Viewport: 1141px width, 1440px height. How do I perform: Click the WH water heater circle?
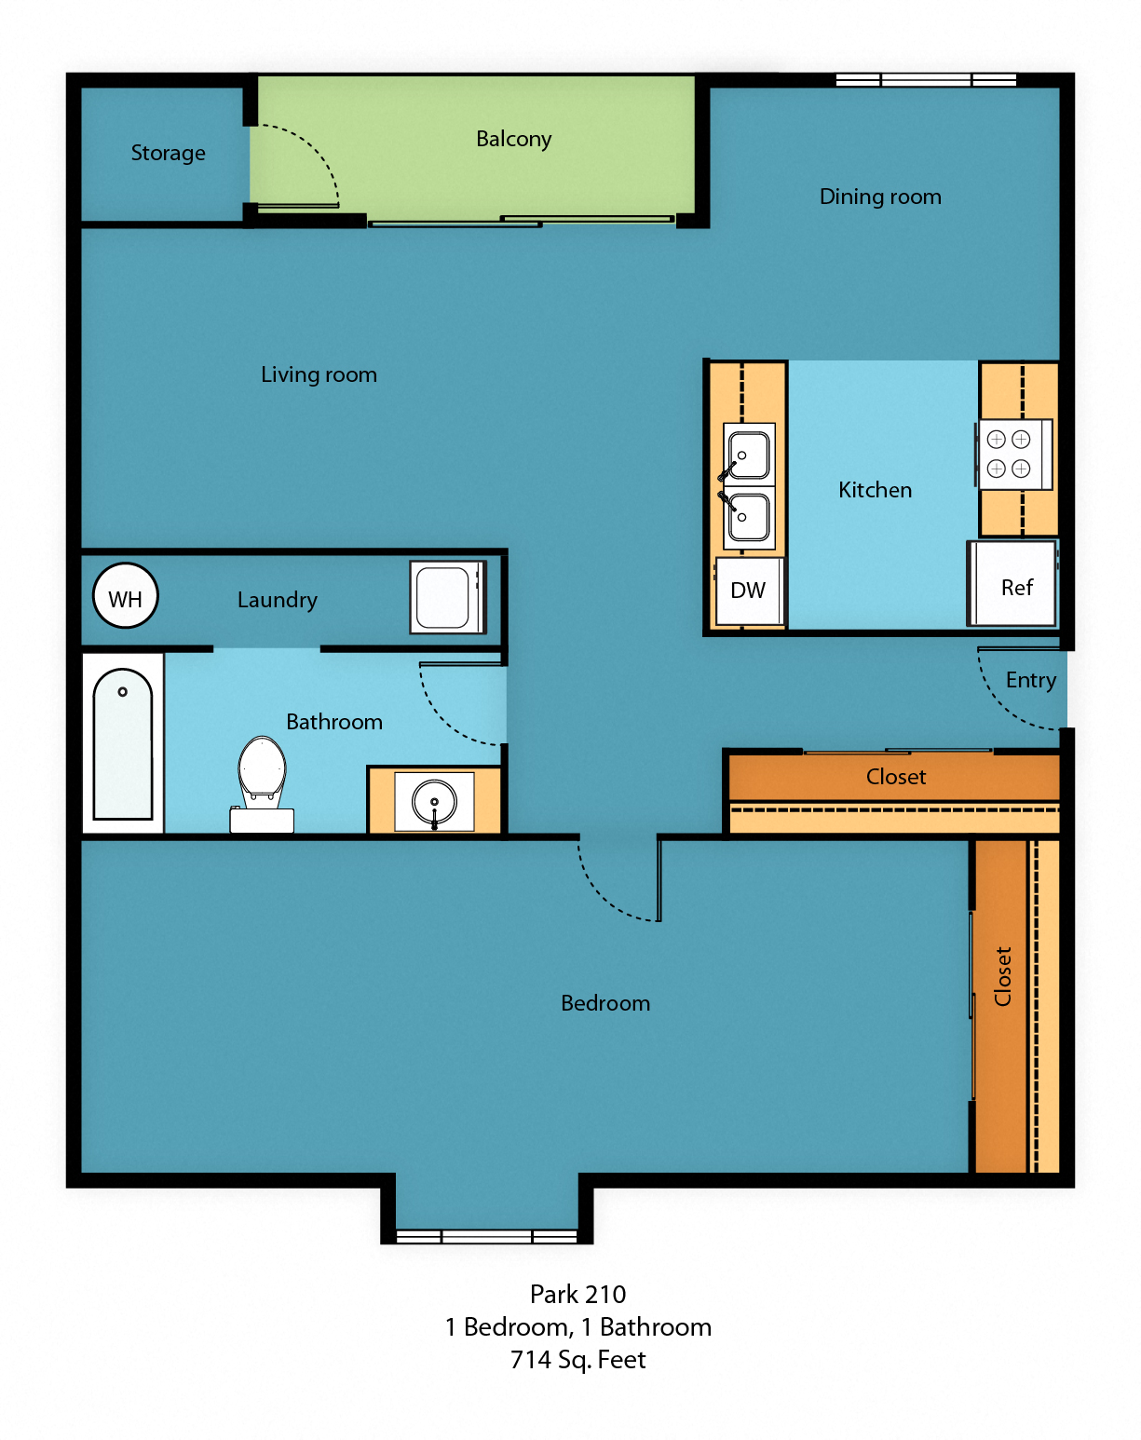(x=126, y=596)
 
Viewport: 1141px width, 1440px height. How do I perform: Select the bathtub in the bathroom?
(x=123, y=743)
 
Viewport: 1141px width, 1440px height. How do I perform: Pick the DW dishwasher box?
(x=749, y=591)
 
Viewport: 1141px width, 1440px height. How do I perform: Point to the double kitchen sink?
(x=749, y=482)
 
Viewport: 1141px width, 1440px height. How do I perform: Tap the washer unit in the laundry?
(x=447, y=597)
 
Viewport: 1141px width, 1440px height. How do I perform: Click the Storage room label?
(x=168, y=153)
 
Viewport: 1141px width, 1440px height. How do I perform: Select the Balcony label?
(x=513, y=139)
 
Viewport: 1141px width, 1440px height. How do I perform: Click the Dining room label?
(x=880, y=197)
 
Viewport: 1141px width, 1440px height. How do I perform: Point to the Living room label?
(x=319, y=374)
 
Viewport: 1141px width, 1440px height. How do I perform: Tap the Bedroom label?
(x=605, y=1003)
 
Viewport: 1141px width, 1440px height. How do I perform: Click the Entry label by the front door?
(x=1030, y=680)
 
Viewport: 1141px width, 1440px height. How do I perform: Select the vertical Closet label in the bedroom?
(x=1003, y=976)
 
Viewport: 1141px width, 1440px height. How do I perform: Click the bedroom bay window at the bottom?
(x=486, y=1236)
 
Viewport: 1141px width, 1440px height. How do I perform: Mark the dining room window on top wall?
(x=926, y=80)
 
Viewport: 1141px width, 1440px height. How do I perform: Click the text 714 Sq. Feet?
(x=577, y=1360)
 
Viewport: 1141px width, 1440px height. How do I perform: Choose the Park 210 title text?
(x=577, y=1294)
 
